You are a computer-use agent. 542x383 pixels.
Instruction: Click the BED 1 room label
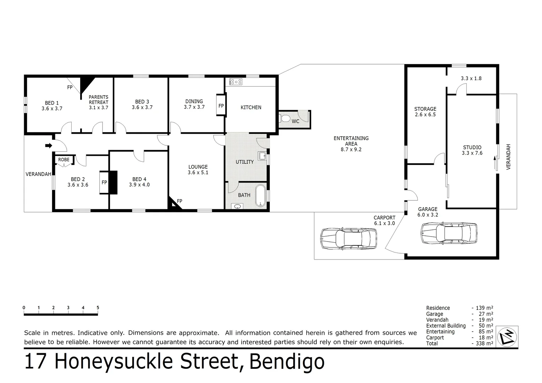tap(52, 103)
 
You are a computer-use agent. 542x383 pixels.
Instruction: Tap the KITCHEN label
tap(251, 107)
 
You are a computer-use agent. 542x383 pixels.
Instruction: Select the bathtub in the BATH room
tap(261, 195)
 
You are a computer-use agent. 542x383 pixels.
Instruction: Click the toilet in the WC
tap(284, 118)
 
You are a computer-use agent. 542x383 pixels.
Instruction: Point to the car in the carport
tap(348, 239)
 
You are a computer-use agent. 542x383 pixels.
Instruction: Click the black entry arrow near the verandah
tap(49, 145)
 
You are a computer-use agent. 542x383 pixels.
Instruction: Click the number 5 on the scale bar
tap(98, 308)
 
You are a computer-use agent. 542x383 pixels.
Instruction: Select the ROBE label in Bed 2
tap(64, 160)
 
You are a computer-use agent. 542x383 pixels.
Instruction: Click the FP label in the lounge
tap(179, 201)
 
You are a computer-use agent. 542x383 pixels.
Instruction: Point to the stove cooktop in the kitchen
tap(236, 82)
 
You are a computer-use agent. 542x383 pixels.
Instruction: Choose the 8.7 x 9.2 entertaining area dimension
tap(351, 150)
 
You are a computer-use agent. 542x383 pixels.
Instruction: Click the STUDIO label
tap(472, 148)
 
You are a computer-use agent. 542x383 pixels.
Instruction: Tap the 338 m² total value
tap(484, 343)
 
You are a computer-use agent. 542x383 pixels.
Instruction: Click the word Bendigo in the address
tap(287, 362)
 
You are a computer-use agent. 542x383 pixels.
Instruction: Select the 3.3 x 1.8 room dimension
tap(471, 78)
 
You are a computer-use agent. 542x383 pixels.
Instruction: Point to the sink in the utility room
tap(262, 156)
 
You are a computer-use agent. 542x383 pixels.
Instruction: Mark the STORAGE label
tap(425, 109)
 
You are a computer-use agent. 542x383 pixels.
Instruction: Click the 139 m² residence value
tap(484, 308)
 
